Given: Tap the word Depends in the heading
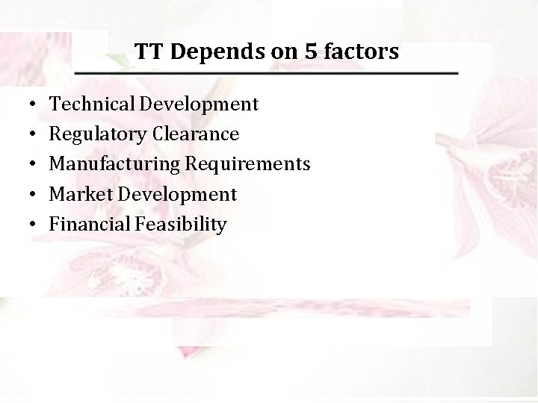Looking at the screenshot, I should point(205,52).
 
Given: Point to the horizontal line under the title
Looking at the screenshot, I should point(266,73).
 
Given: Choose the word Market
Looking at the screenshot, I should point(74,194).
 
